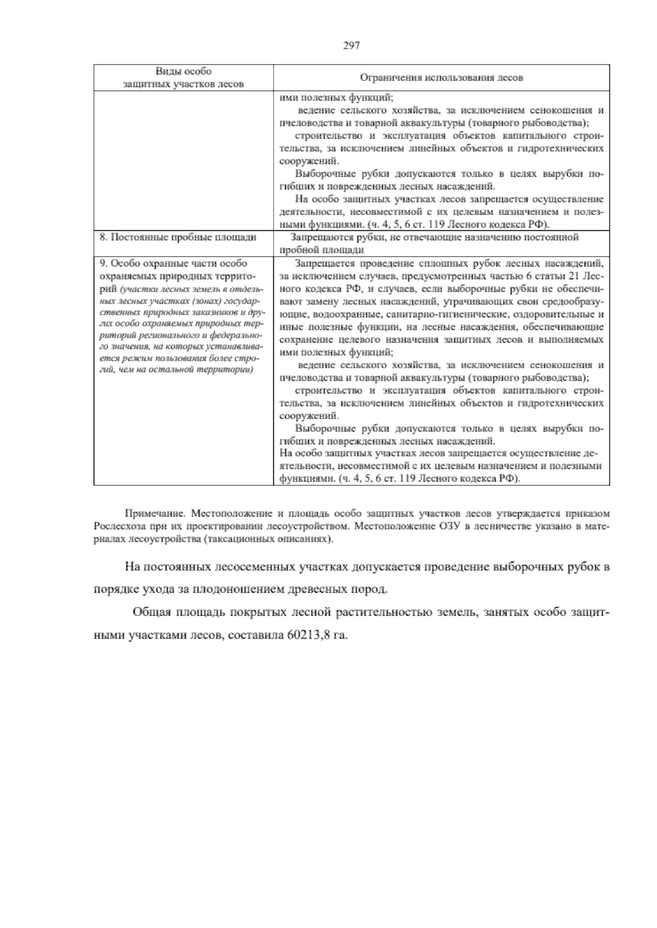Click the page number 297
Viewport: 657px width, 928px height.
pyautogui.click(x=351, y=47)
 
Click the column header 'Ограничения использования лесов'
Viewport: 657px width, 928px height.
pyautogui.click(x=441, y=78)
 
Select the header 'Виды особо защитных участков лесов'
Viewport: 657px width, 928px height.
pyautogui.click(x=183, y=78)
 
